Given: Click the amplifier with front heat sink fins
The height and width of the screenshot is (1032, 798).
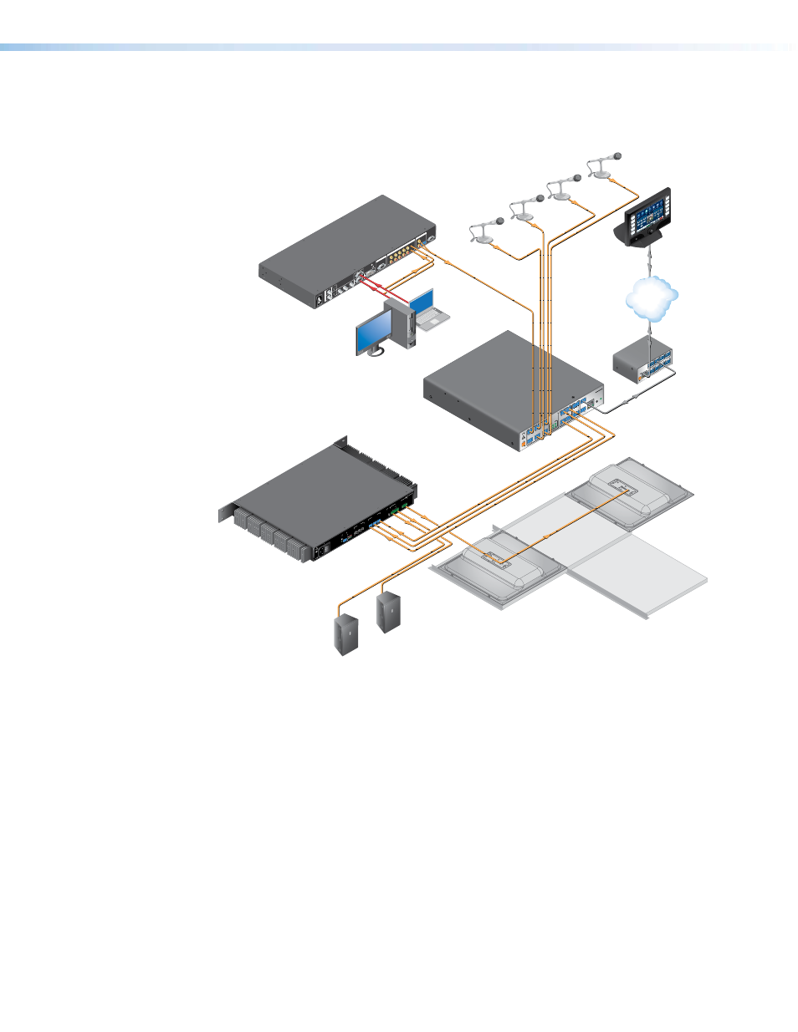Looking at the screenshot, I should [x=318, y=501].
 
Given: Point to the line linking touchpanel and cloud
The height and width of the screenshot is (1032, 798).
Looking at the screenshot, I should [x=648, y=259].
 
